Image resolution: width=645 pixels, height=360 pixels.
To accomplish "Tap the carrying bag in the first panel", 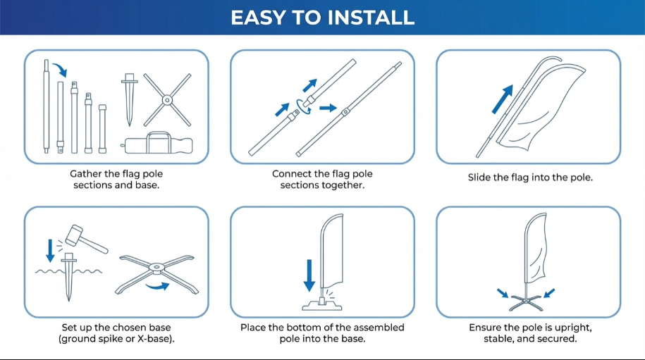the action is tap(158, 144).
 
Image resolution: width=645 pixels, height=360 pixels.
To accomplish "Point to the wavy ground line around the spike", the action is tap(68, 271).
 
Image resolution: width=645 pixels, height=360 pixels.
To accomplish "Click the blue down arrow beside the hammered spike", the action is tap(50, 250).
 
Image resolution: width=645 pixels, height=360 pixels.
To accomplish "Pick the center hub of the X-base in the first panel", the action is tap(167, 100).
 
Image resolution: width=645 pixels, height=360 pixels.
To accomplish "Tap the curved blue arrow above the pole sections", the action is tap(60, 69).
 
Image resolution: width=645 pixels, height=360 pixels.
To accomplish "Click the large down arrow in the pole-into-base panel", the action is tap(309, 275).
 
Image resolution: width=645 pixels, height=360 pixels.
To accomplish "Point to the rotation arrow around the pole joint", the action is tap(304, 107).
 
